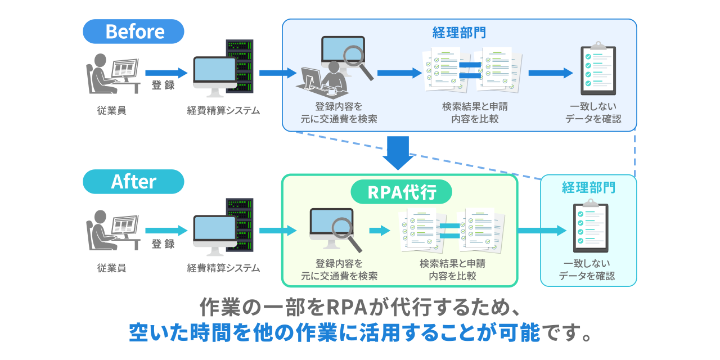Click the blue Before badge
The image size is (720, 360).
pyautogui.click(x=133, y=31)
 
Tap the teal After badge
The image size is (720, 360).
pyautogui.click(x=133, y=182)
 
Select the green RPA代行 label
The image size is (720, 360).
pyautogui.click(x=401, y=192)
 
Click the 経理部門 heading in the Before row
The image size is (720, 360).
pyautogui.click(x=458, y=33)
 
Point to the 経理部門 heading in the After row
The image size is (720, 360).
pyautogui.click(x=588, y=187)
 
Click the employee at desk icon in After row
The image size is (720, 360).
pyautogui.click(x=111, y=231)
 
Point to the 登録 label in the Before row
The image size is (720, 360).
pyautogui.click(x=163, y=86)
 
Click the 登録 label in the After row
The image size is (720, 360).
pyautogui.click(x=163, y=244)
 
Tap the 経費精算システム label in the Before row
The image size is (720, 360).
pyautogui.click(x=223, y=111)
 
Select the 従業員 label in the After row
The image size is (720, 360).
pyautogui.click(x=111, y=268)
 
